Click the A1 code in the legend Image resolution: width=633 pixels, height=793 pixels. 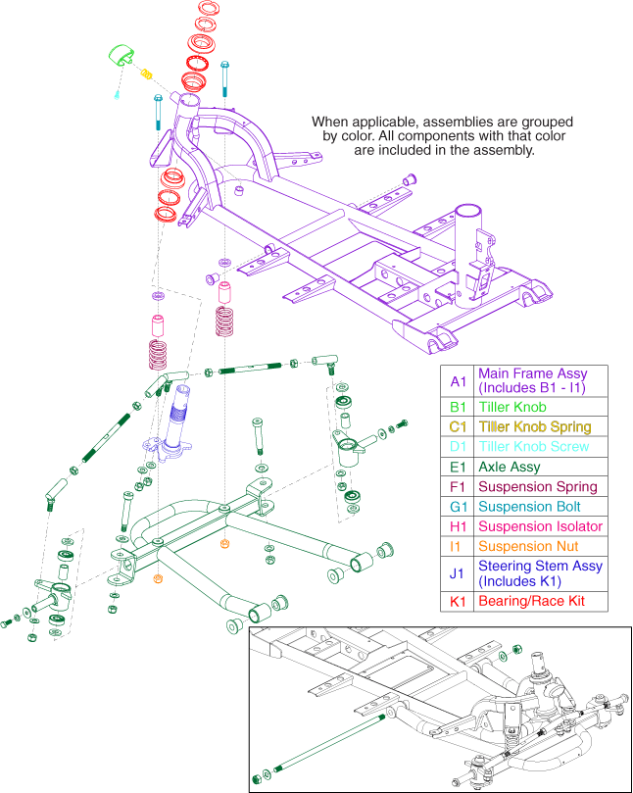point(458,380)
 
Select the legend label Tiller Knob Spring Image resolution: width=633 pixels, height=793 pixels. point(534,426)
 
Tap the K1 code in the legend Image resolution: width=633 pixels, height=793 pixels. point(458,600)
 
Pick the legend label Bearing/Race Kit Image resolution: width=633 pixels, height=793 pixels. point(529,600)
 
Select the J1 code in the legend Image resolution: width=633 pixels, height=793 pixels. point(458,572)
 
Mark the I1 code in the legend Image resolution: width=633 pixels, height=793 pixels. point(458,546)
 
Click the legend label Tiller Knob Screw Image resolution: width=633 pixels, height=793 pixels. point(534,446)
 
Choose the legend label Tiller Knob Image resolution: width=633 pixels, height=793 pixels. point(512,406)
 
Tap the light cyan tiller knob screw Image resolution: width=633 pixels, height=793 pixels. point(118,93)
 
